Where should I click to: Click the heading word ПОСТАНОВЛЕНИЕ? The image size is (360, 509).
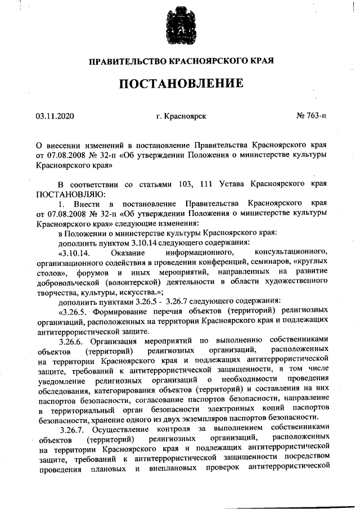pos(180,84)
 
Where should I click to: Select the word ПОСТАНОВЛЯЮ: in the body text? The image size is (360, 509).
pos(66,193)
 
